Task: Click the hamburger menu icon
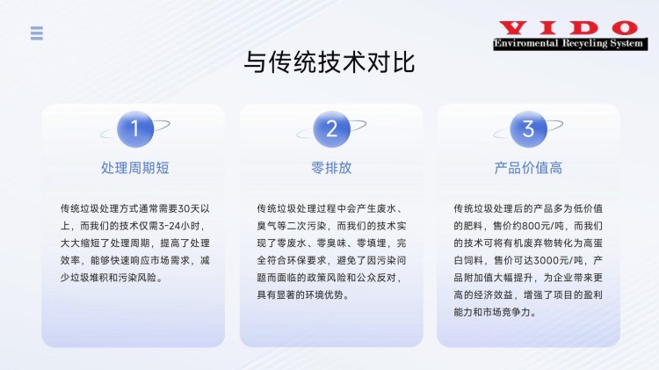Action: [x=37, y=33]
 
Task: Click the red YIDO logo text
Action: [x=568, y=29]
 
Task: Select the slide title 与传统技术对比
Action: [x=329, y=62]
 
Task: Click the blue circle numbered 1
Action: [x=135, y=129]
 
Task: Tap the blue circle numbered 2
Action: [x=331, y=129]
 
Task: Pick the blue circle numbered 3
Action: [x=528, y=129]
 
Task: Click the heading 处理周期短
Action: [x=135, y=168]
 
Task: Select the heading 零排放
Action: [x=331, y=168]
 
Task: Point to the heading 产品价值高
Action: [x=528, y=168]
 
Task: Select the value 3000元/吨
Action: [x=558, y=260]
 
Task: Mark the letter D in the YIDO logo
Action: [x=583, y=29]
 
